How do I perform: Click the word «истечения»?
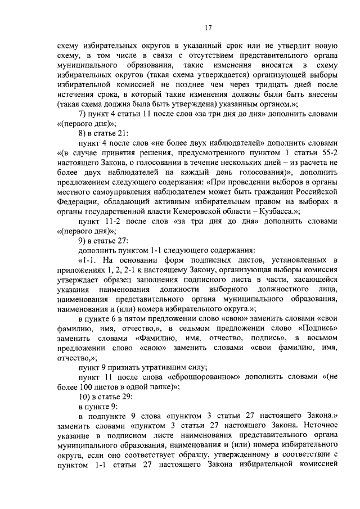tap(76, 95)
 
